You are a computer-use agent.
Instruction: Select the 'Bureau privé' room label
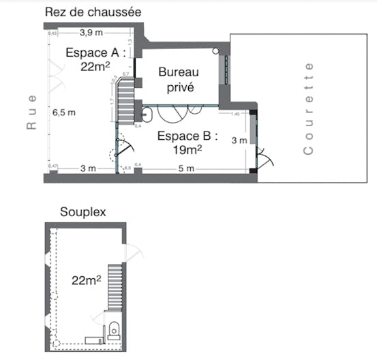178,79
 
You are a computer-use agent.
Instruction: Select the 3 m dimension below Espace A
87,168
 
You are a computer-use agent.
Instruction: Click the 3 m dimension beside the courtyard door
239,140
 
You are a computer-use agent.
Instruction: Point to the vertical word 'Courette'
310,109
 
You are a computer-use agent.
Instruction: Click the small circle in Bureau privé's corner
215,50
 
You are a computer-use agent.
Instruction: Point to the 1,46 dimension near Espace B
237,114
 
